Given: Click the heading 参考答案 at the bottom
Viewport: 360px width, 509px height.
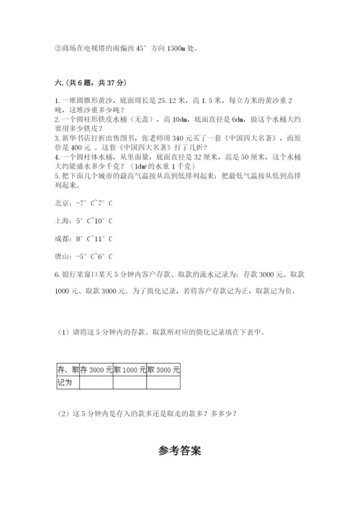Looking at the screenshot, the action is pos(180,451).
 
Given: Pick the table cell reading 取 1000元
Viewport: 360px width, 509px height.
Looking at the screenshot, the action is pos(130,369).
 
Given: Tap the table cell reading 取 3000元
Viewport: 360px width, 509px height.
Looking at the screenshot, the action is pos(163,369).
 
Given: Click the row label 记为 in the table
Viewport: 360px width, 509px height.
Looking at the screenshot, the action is pos(64,382).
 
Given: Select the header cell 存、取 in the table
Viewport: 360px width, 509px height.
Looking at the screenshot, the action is pos(64,369).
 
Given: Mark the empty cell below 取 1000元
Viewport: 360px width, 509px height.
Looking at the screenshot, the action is pos(130,382).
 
